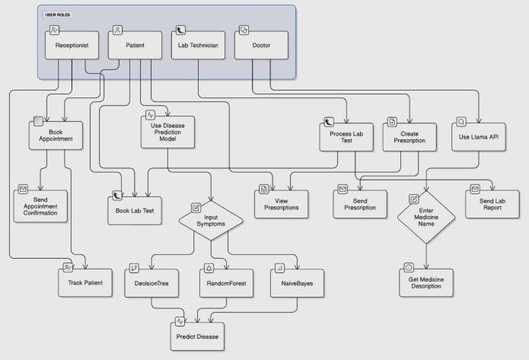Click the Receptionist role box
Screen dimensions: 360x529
click(72, 46)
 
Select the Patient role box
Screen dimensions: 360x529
click(137, 46)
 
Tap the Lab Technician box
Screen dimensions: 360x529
click(198, 46)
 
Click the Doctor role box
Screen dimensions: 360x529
click(262, 46)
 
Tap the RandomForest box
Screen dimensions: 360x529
click(225, 282)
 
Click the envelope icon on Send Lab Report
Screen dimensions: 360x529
click(475, 189)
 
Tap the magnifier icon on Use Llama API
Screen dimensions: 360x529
click(460, 122)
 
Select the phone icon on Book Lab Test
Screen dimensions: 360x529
click(117, 196)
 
